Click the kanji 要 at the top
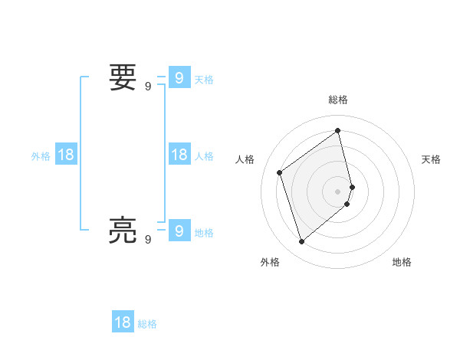click(123, 77)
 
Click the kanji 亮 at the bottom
click(123, 230)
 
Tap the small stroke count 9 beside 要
click(148, 87)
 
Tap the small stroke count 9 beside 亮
click(148, 239)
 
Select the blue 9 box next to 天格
click(179, 77)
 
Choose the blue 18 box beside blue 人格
click(179, 155)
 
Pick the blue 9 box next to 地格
click(179, 230)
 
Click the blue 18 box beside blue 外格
click(66, 155)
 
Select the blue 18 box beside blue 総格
click(123, 322)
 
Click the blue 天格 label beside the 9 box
click(204, 79)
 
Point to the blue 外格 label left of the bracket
click(41, 156)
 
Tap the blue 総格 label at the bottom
click(147, 324)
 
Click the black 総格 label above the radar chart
click(338, 100)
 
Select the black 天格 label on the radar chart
click(432, 159)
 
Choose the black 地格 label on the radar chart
click(402, 262)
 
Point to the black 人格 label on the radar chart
click(245, 159)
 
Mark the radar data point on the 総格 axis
click(338, 130)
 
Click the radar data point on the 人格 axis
click(280, 172)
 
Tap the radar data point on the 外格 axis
click(302, 242)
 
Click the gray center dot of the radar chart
click(338, 191)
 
